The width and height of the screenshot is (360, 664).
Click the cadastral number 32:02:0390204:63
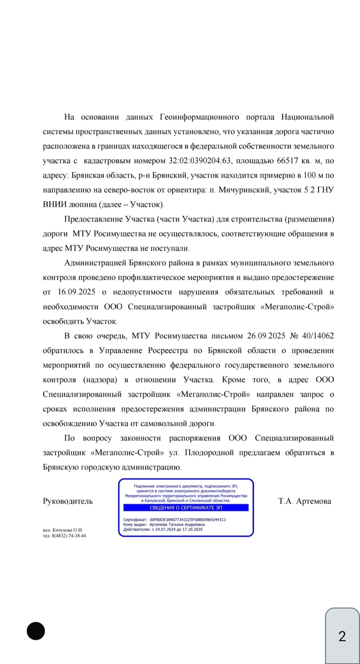coord(200,161)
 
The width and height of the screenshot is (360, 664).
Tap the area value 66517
coord(287,161)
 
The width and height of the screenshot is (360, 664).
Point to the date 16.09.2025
coord(76,292)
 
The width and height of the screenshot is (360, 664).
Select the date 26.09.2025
coord(266,336)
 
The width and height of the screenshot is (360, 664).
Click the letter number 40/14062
coord(318,336)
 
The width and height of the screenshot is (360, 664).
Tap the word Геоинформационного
coord(199,117)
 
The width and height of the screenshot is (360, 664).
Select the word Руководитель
coord(68,501)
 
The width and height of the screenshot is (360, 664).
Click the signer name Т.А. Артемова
coord(305,501)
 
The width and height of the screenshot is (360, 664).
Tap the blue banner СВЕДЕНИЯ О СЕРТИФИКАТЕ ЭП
coord(186,508)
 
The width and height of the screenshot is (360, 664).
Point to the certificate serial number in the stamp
coord(188,519)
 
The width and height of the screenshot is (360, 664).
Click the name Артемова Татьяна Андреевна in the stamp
coord(177,524)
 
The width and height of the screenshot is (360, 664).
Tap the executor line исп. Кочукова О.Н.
coord(63,530)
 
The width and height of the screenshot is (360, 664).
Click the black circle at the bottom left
coord(36,631)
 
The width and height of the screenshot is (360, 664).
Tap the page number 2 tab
coord(342,636)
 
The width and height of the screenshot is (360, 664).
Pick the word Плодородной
coord(209,453)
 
